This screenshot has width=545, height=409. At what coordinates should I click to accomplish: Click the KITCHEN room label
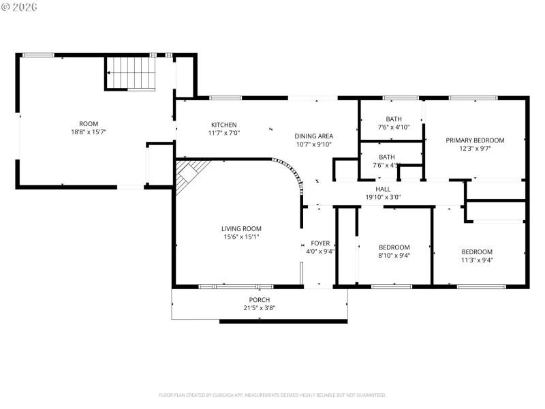(223, 125)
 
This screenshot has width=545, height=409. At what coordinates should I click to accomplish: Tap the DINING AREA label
(313, 136)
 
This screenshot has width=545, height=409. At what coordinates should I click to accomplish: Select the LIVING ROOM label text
(241, 228)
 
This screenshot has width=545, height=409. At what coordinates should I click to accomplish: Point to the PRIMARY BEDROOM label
(475, 140)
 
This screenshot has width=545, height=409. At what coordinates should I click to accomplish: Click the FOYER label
(320, 243)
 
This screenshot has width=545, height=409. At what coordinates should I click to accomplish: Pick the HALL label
(383, 189)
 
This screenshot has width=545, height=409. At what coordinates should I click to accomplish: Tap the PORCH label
(259, 300)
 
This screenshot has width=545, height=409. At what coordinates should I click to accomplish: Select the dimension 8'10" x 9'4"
(394, 256)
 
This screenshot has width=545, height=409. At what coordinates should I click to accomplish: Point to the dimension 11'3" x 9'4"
(477, 260)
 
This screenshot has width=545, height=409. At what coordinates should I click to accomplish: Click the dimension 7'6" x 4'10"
(394, 127)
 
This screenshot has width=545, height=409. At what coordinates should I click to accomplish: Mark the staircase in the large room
(131, 73)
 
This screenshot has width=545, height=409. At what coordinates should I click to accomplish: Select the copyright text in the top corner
(20, 7)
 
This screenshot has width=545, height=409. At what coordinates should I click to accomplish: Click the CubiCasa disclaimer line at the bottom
(272, 395)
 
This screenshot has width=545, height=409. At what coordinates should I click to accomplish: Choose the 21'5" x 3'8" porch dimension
(259, 308)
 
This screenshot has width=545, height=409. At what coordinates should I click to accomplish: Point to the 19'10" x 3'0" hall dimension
(383, 197)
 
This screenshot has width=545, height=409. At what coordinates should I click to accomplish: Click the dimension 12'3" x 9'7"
(475, 148)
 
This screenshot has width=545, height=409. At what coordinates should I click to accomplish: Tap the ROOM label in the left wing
(89, 123)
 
